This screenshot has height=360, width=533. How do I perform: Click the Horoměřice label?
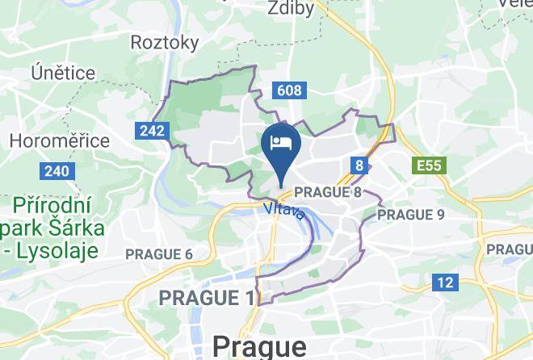[x=61, y=140]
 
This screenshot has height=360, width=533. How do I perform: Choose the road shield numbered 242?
[x=152, y=130]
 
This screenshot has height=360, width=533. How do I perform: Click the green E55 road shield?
[x=428, y=166]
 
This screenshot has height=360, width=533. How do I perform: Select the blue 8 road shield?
[x=359, y=165]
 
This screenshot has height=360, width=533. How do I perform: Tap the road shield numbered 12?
[x=444, y=283]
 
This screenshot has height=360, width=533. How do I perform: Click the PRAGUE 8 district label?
[x=328, y=193]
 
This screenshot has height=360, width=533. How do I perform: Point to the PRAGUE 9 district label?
[x=411, y=215]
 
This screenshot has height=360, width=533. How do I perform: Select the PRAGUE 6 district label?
[x=159, y=254]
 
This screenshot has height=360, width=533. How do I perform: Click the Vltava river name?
[x=283, y=211]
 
